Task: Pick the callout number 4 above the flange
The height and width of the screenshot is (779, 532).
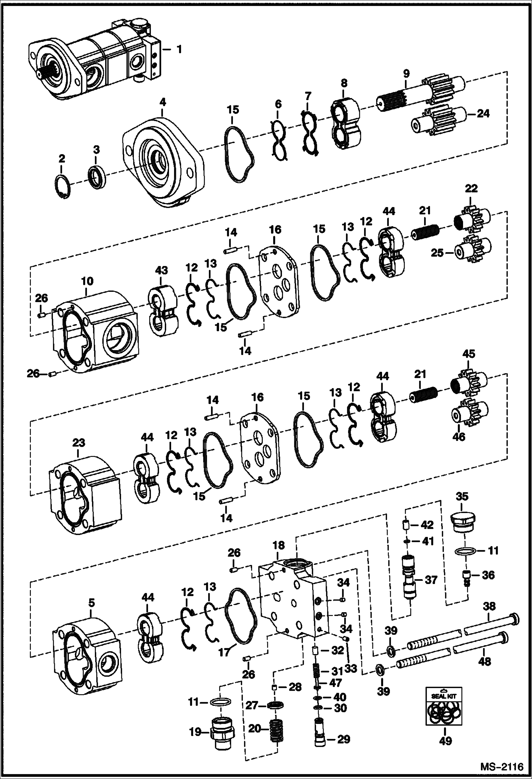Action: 162,102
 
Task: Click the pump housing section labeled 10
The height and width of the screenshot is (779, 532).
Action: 96,330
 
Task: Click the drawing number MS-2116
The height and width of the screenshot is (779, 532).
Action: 502,766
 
